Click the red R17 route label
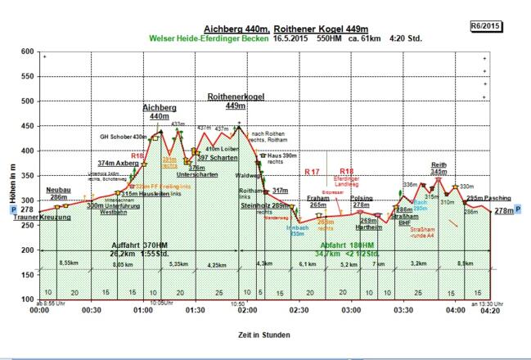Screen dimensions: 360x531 pyautogui.click(x=311, y=172)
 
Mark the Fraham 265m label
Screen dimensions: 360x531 pyautogui.click(x=317, y=202)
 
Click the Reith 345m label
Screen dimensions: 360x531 pyautogui.click(x=439, y=168)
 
